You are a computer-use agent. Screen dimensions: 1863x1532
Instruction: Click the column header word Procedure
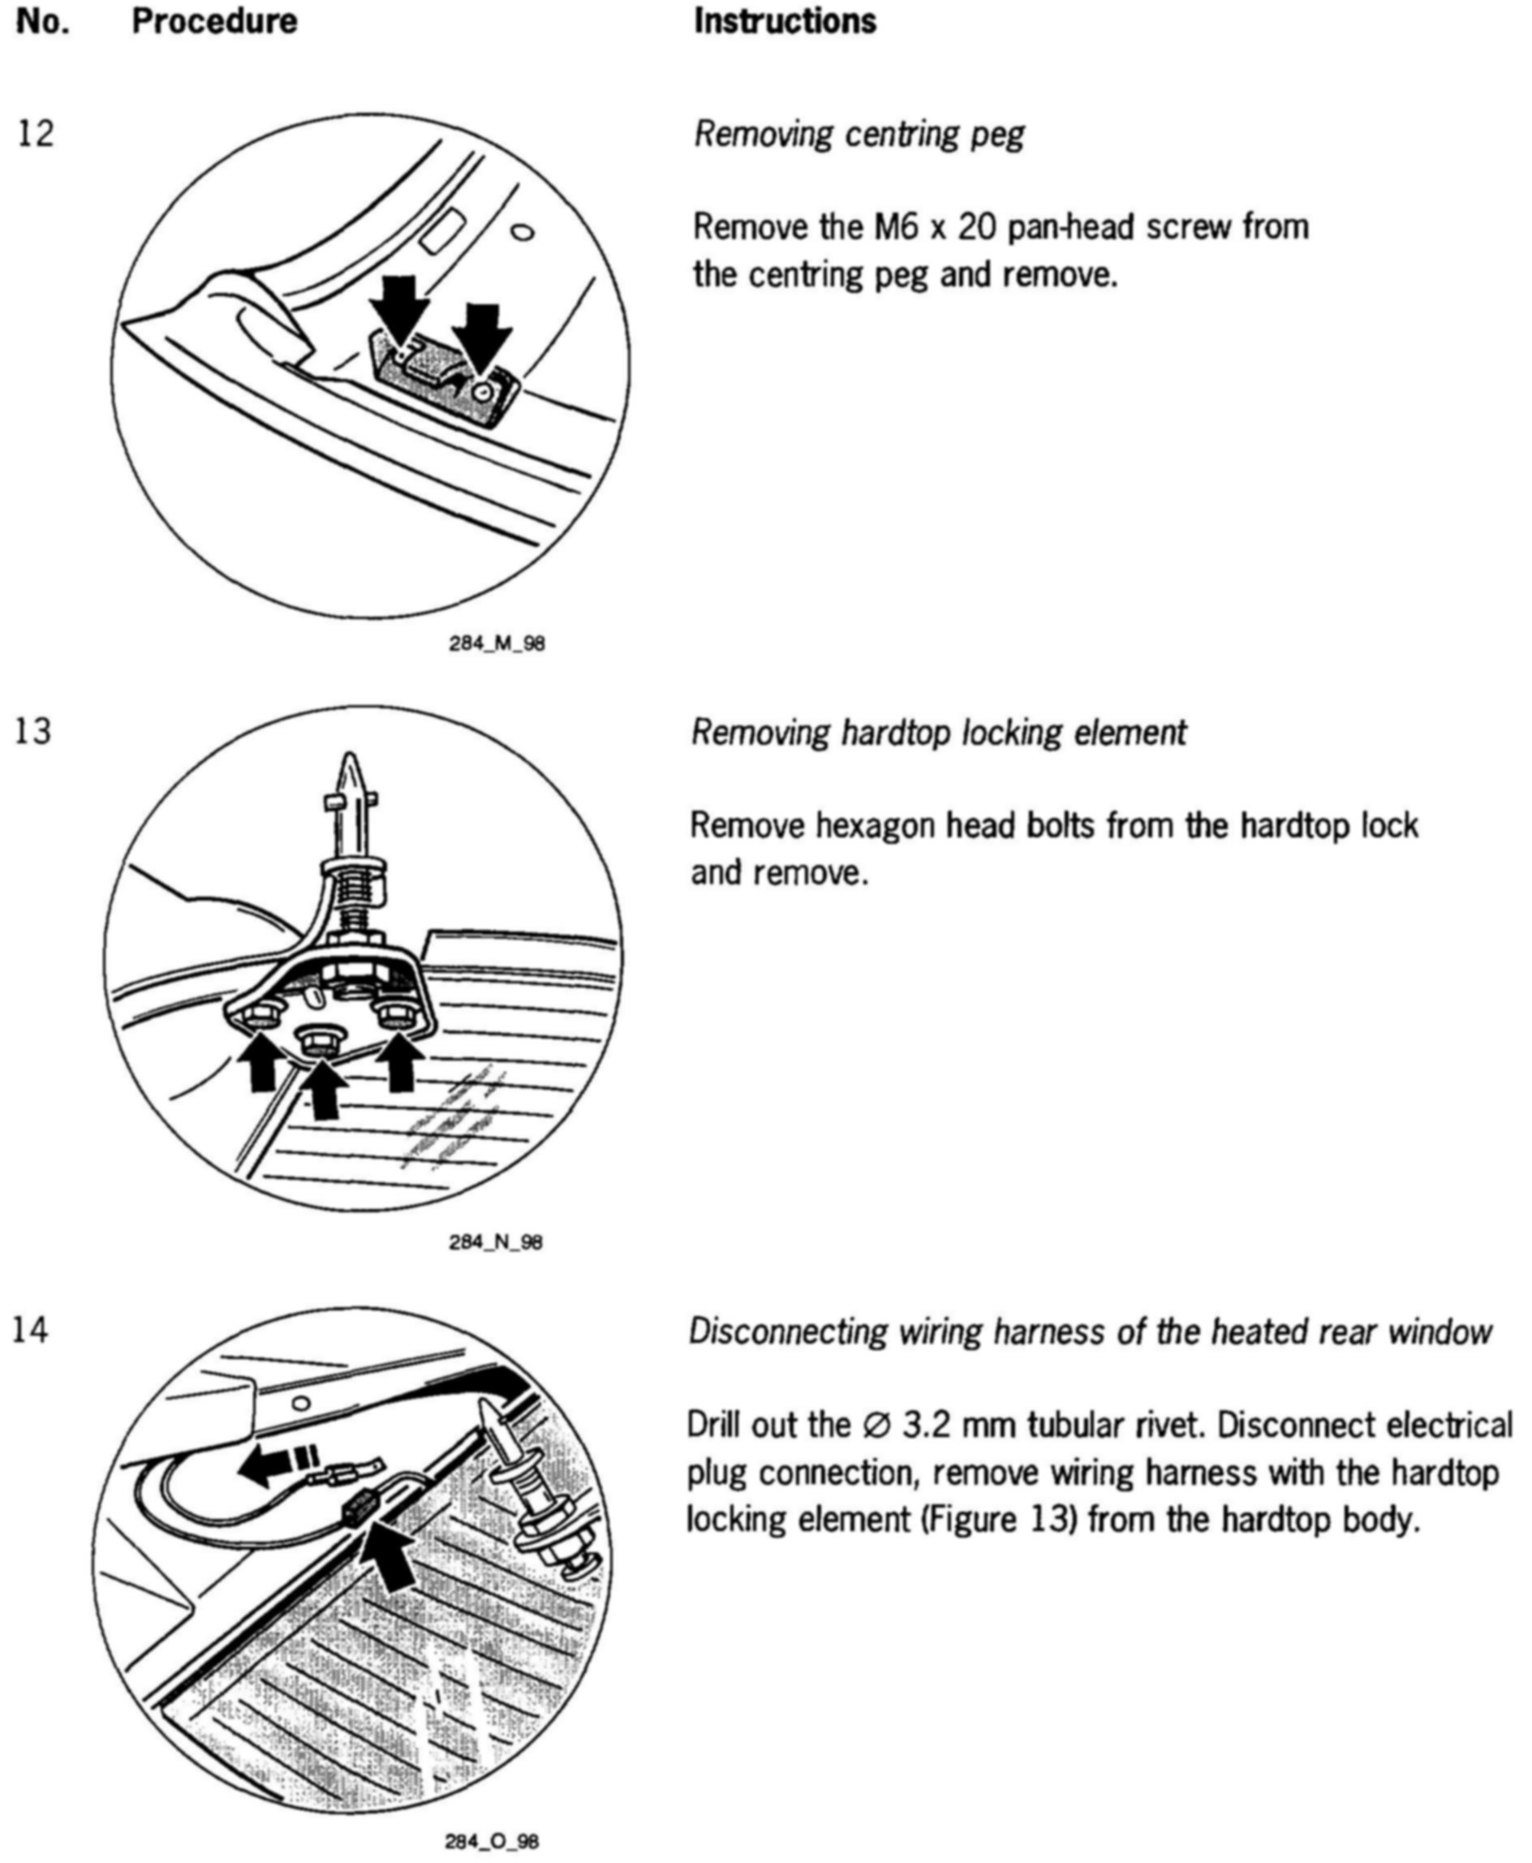[214, 21]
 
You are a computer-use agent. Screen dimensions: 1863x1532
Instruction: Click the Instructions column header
[785, 21]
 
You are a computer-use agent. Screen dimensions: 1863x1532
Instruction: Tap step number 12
[36, 133]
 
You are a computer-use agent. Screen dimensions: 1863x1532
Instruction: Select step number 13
[33, 731]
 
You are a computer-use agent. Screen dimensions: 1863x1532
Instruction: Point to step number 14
[31, 1329]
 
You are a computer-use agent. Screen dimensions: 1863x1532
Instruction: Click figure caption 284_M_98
[497, 643]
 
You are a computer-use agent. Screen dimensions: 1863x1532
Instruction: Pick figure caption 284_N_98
[496, 1242]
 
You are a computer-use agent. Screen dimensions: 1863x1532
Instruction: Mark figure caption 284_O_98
[493, 1841]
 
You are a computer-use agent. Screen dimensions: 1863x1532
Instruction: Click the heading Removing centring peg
[859, 134]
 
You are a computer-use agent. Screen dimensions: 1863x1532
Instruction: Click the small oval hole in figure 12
[523, 232]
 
